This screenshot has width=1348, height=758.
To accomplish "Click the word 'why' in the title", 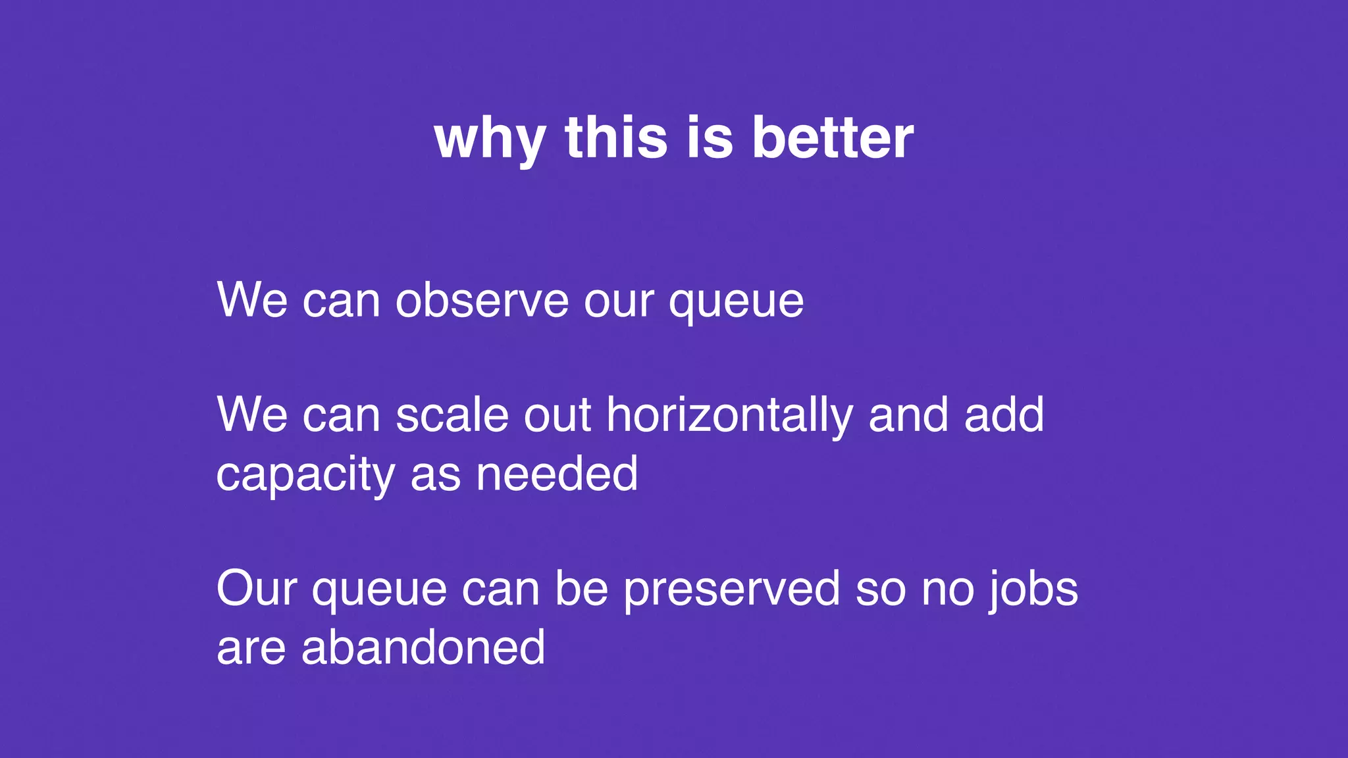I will [x=490, y=139].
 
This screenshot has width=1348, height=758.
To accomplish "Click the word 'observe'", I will [x=482, y=301].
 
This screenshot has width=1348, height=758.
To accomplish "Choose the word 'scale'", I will [x=452, y=416].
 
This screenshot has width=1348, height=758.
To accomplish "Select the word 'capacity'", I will [x=305, y=475].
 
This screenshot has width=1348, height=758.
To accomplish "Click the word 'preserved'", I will [x=732, y=590].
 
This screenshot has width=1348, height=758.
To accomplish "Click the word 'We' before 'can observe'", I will [x=252, y=301].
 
